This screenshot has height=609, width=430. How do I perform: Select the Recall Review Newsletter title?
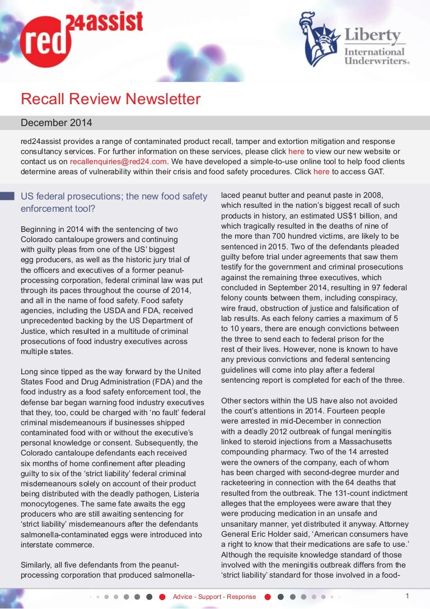[x=110, y=99]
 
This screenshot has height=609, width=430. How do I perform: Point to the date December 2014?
[x=57, y=123]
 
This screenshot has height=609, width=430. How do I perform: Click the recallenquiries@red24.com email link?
[x=119, y=161]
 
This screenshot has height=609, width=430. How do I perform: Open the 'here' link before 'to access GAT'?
[x=321, y=171]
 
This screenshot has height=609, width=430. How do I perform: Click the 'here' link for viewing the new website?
[x=296, y=151]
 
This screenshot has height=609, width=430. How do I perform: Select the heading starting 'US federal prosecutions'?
[x=114, y=202]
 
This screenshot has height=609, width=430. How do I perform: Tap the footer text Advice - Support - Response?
[x=214, y=597]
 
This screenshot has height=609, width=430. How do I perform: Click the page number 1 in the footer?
[x=407, y=596]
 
